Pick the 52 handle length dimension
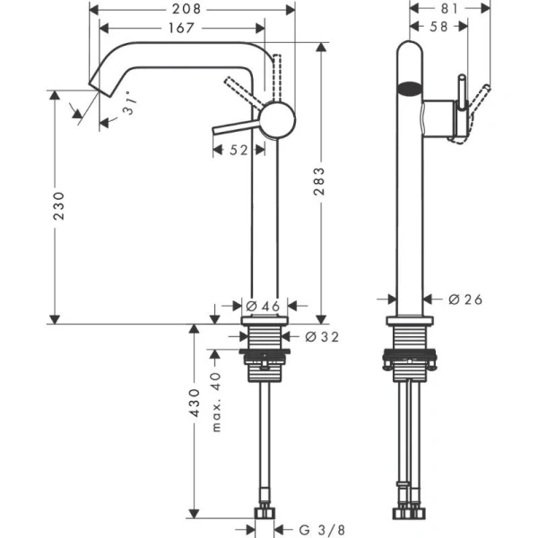click(238, 152)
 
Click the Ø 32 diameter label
click(321, 337)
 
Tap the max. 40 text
click(215, 402)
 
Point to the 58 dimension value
click(438, 28)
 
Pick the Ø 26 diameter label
click(465, 299)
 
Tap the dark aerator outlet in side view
click(409, 88)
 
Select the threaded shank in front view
click(265, 340)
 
